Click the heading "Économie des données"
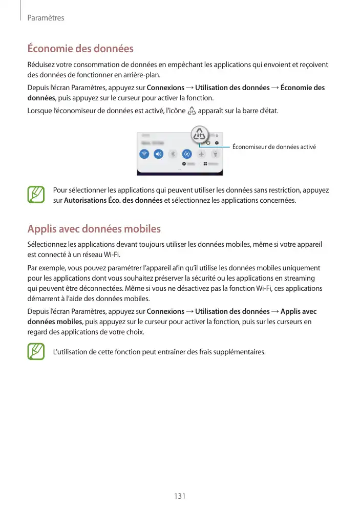pyautogui.click(x=80, y=49)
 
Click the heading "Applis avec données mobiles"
pyautogui.click(x=94, y=228)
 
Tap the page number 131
pyautogui.click(x=180, y=496)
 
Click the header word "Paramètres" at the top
pyautogui.click(x=46, y=18)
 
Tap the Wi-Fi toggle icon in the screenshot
pyautogui.click(x=144, y=154)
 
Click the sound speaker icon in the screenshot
pyautogui.click(x=159, y=154)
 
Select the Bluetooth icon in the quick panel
pyautogui.click(x=173, y=154)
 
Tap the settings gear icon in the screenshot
pyautogui.click(x=217, y=142)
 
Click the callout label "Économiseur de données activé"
pyautogui.click(x=274, y=147)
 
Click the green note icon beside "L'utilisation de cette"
pyautogui.click(x=36, y=352)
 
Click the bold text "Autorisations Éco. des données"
pyautogui.click(x=113, y=200)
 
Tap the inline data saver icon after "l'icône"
pyautogui.click(x=192, y=111)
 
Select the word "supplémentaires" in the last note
pyautogui.click(x=240, y=352)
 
